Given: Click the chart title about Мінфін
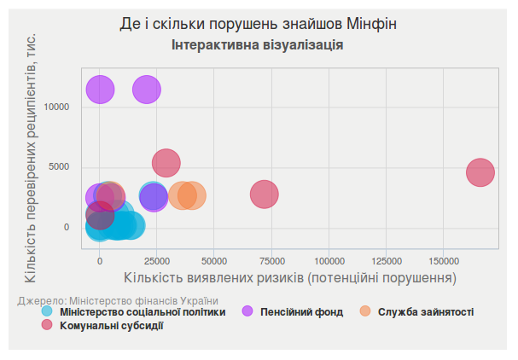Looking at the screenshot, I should click(258, 24).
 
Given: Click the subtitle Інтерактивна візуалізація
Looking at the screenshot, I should click(258, 44).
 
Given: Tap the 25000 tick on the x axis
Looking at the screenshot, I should click(156, 259).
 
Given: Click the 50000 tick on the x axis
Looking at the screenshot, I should click(214, 259).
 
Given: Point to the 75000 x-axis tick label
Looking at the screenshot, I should click(271, 259).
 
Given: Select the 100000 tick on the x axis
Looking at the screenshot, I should click(329, 259).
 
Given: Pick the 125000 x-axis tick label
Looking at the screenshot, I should click(386, 259).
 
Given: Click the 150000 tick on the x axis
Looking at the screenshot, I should click(443, 259).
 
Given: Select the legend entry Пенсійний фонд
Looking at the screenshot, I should click(301, 311).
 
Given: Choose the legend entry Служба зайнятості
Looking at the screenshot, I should click(425, 311).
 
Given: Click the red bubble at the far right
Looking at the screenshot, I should click(481, 172).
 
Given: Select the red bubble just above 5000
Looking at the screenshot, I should click(166, 162).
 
